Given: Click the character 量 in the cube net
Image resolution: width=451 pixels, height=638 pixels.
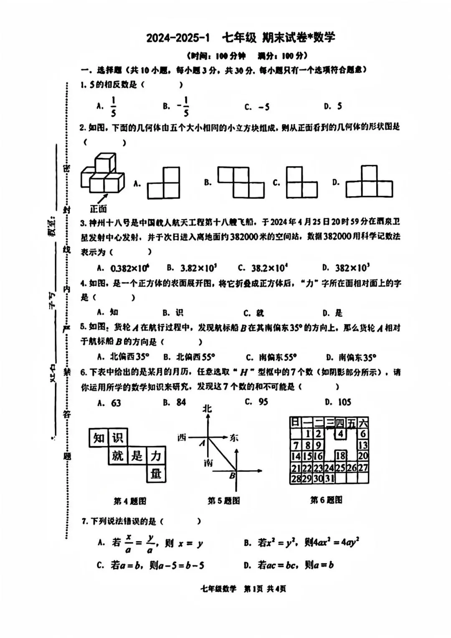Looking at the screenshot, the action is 156,474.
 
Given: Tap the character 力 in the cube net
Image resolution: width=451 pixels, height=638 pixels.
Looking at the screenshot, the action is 156,456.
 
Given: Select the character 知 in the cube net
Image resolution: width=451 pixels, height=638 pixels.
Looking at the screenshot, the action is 99,438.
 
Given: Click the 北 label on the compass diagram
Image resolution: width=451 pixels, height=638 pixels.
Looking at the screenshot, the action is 207,408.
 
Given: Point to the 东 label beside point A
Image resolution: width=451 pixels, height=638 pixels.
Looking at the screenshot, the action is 233,438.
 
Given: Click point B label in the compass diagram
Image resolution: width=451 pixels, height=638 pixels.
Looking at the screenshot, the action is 232,475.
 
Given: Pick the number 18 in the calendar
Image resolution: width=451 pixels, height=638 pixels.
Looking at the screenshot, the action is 341,456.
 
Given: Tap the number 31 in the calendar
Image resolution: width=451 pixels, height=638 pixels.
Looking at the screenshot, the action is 329,478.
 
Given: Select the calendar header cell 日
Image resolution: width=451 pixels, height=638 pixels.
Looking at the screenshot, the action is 295,422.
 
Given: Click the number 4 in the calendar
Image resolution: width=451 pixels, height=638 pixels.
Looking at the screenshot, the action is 341,434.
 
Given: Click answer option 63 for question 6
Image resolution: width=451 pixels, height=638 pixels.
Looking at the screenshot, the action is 115,403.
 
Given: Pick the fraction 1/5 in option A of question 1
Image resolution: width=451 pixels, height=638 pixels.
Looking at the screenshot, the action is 113,106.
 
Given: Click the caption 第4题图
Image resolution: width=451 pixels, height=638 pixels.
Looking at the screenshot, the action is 130,501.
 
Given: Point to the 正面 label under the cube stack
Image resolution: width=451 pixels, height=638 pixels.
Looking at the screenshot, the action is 98,208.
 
